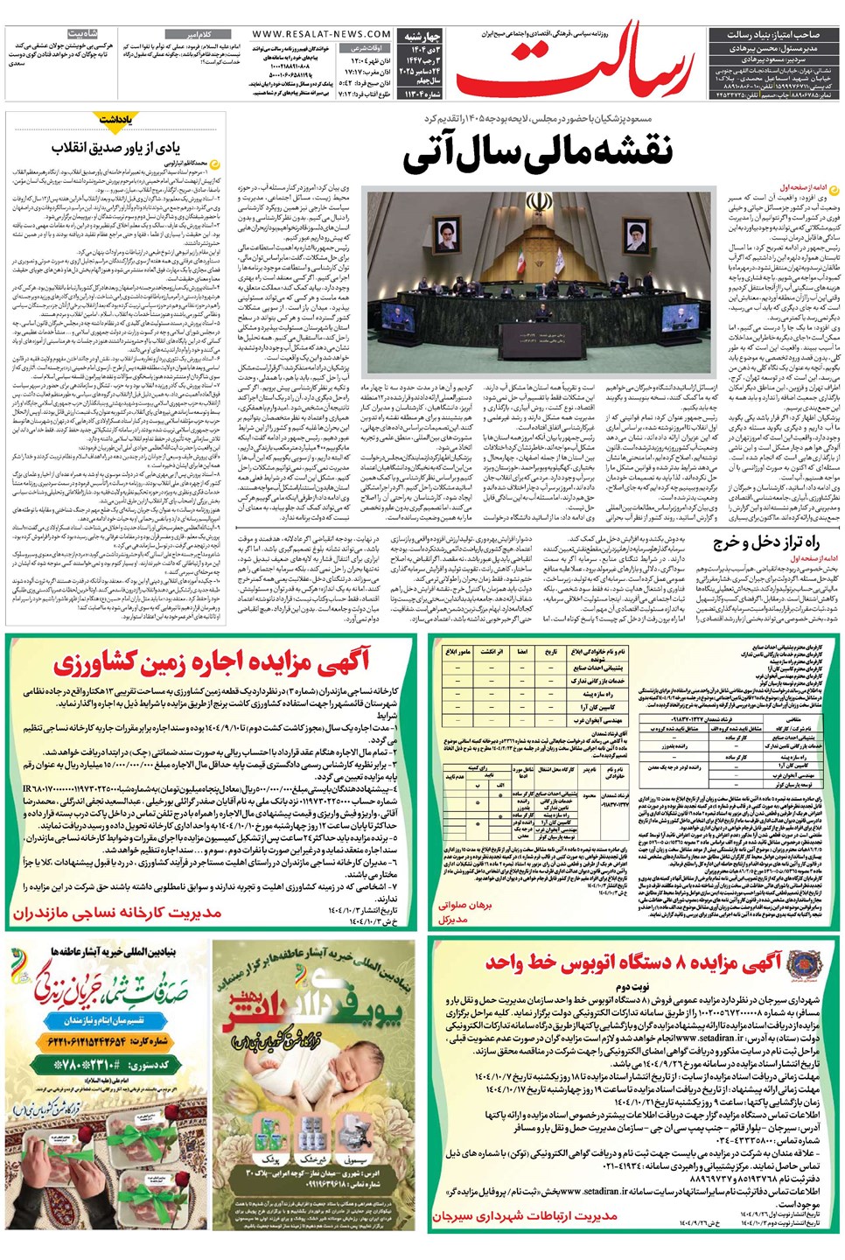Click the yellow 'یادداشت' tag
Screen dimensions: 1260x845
click(115, 118)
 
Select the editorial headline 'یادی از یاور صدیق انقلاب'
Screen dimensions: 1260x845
click(115, 147)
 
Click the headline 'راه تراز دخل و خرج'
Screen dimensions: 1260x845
click(765, 542)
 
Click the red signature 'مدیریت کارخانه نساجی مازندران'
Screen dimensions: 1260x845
click(117, 913)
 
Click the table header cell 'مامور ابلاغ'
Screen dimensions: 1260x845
click(457, 652)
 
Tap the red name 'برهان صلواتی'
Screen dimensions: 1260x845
click(465, 906)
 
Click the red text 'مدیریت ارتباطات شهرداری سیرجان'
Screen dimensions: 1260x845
click(525, 1215)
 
